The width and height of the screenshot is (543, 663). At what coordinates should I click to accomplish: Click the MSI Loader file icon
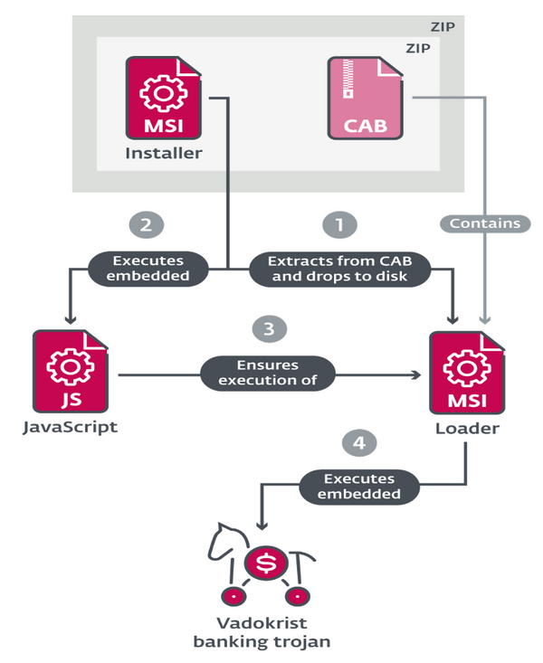(x=466, y=372)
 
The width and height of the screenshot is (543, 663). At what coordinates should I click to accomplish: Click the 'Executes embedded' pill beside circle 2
(x=148, y=269)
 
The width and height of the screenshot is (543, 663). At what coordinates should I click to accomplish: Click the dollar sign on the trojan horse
(x=265, y=564)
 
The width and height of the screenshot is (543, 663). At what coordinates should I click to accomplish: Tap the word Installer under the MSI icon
(x=163, y=154)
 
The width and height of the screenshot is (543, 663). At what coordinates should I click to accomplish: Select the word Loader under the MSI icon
(x=466, y=428)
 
